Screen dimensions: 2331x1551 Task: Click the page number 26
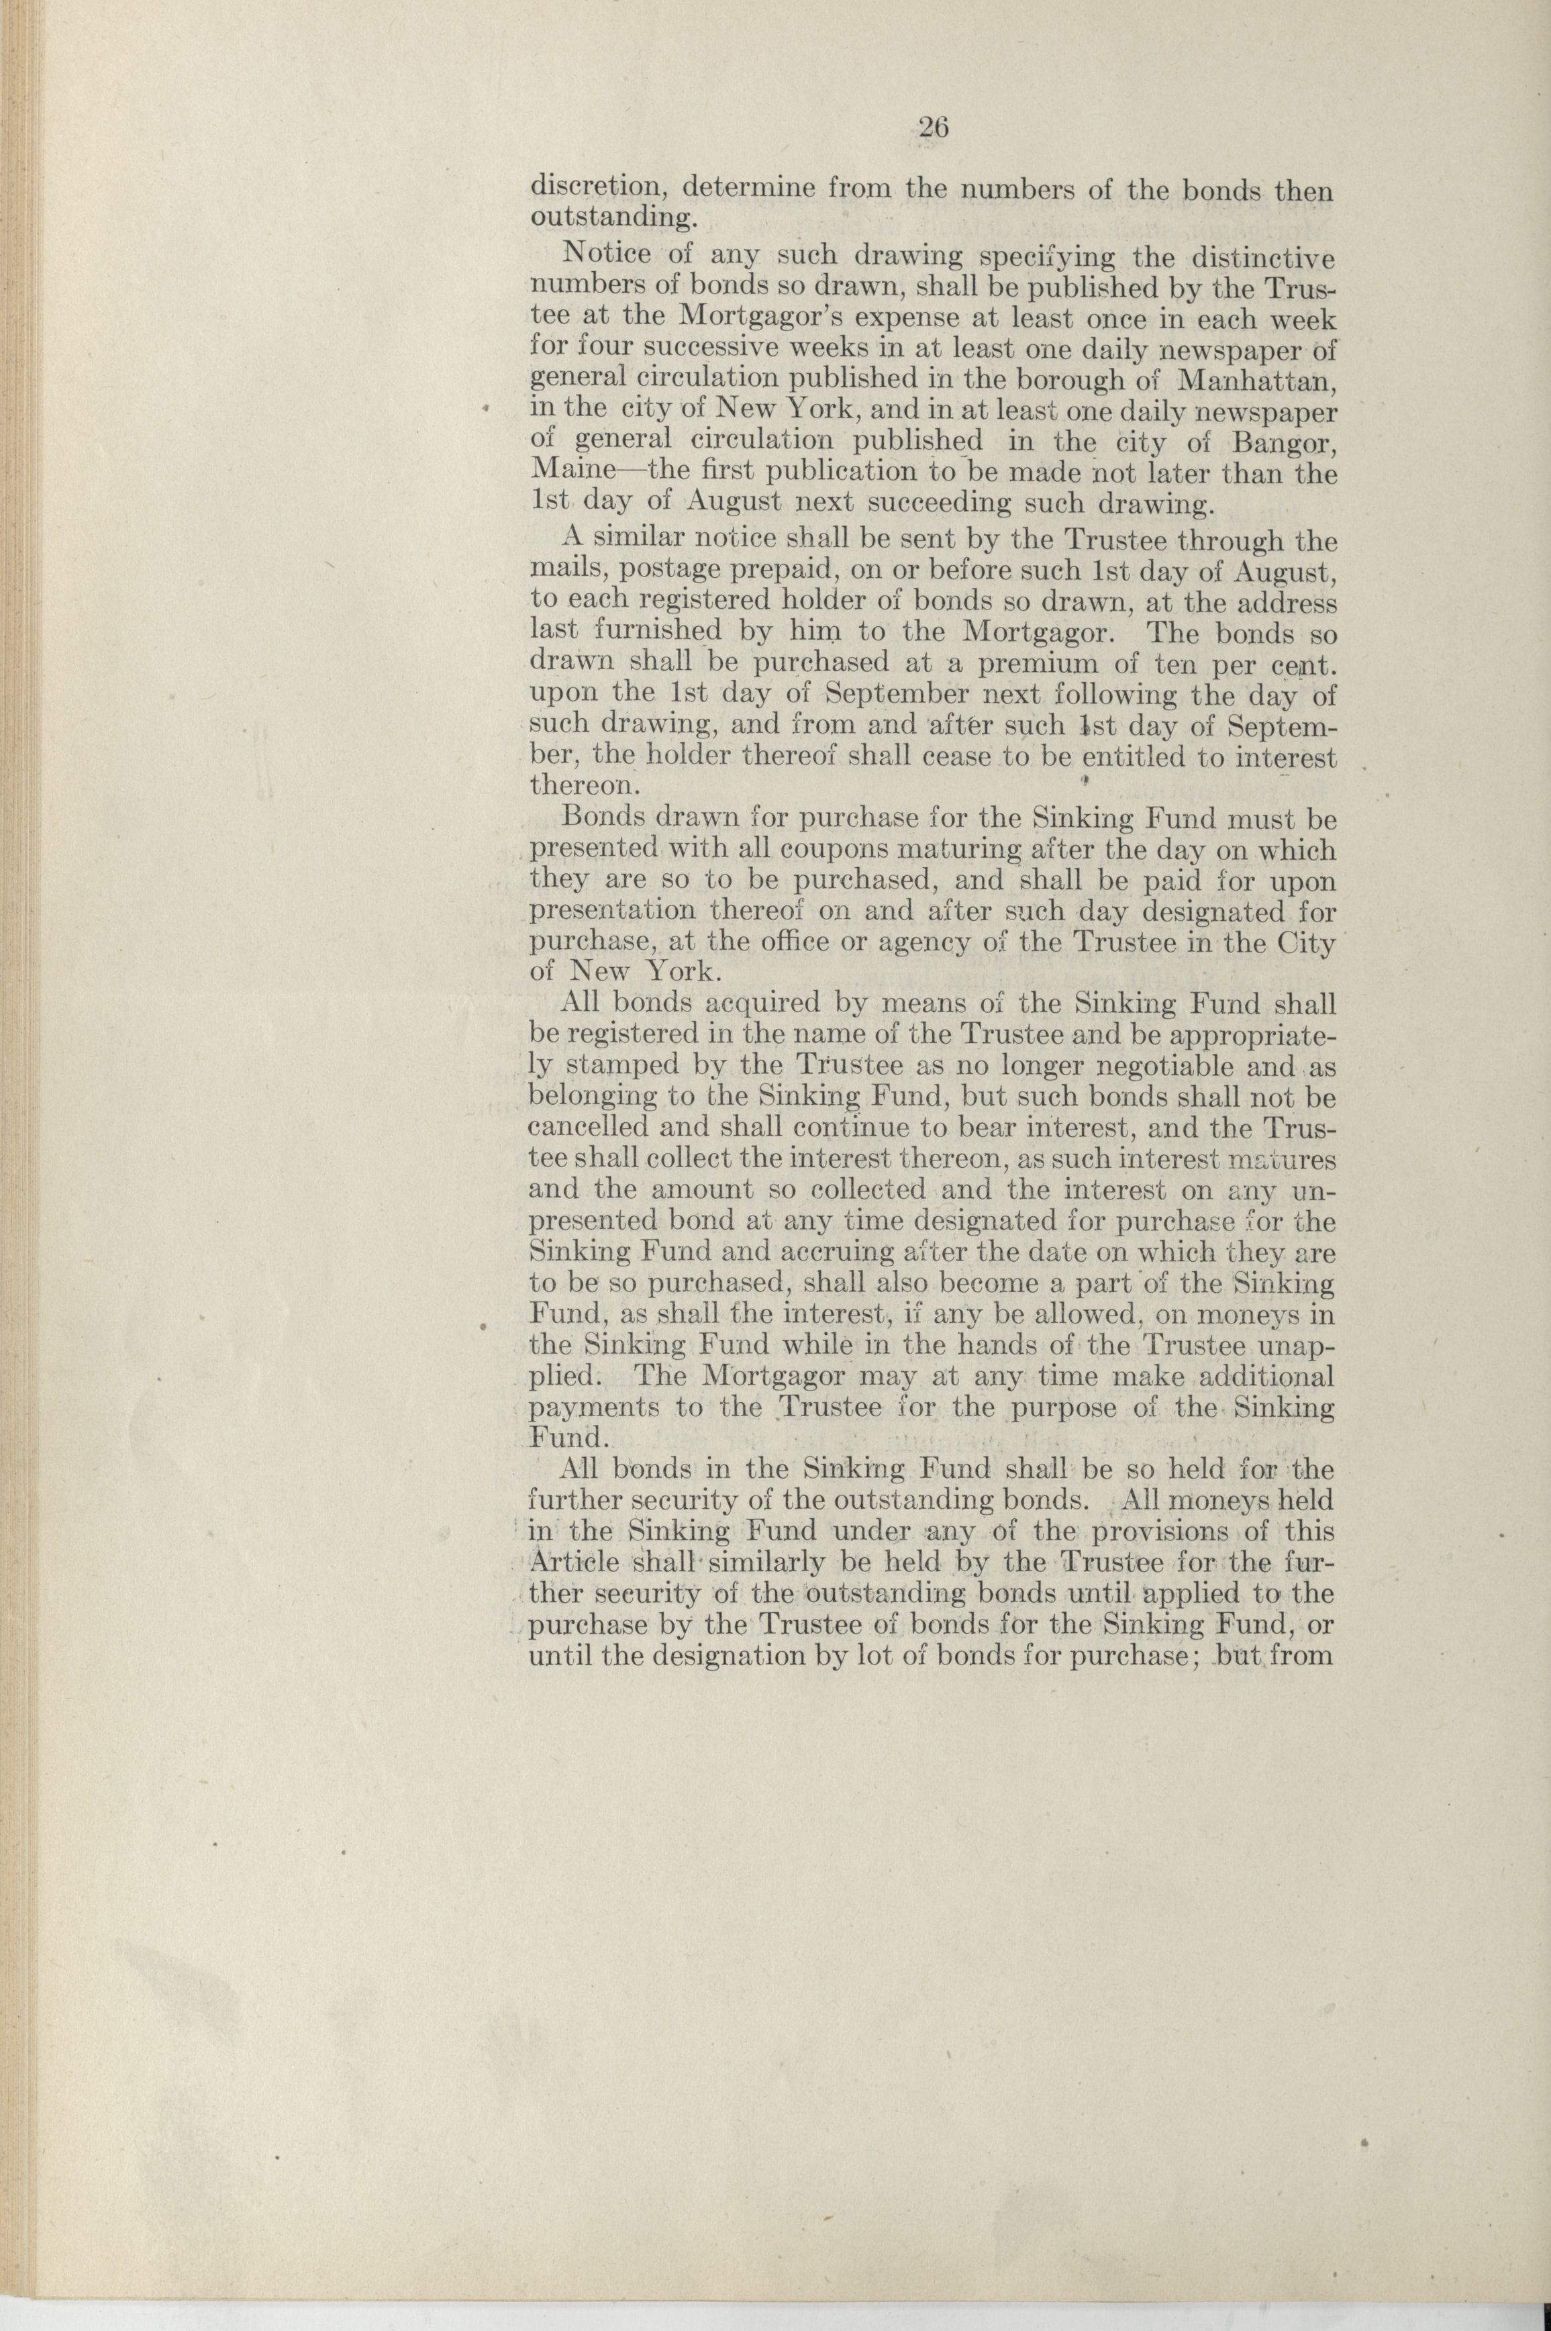(x=933, y=128)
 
